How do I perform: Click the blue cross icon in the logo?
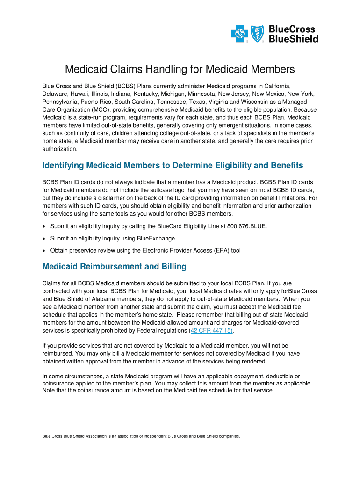coord(239,34)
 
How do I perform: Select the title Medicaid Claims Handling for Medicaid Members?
coord(180,70)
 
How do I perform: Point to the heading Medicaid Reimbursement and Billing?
coord(114,267)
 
